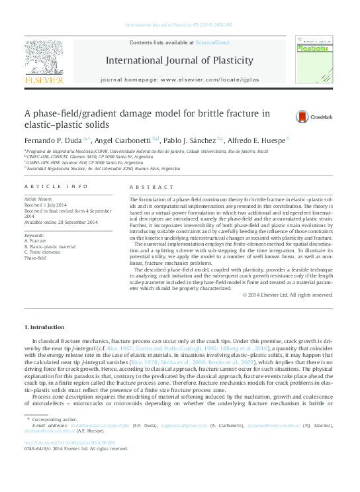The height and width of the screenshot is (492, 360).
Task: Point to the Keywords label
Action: pyautogui.click(x=34, y=235)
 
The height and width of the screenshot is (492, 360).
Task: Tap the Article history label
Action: pyautogui.click(x=40, y=199)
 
